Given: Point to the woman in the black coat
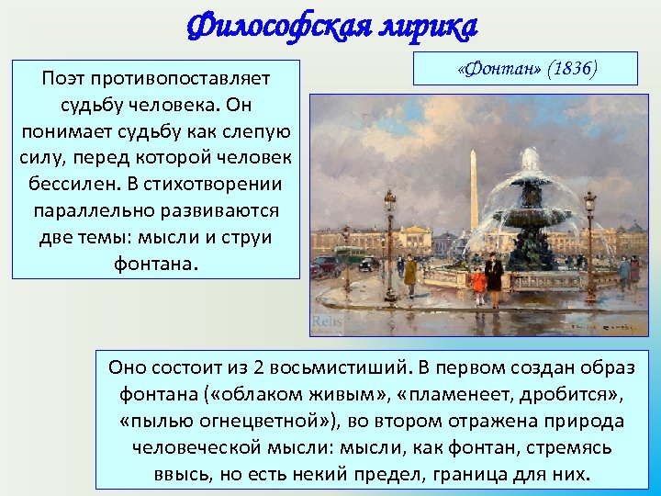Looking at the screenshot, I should coord(494,280).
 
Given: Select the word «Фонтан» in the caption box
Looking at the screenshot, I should coord(494,70).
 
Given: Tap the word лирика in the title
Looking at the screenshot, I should coord(428,27).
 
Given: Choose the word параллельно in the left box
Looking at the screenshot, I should coord(90,210).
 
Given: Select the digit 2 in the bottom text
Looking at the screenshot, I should coord(258,368).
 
